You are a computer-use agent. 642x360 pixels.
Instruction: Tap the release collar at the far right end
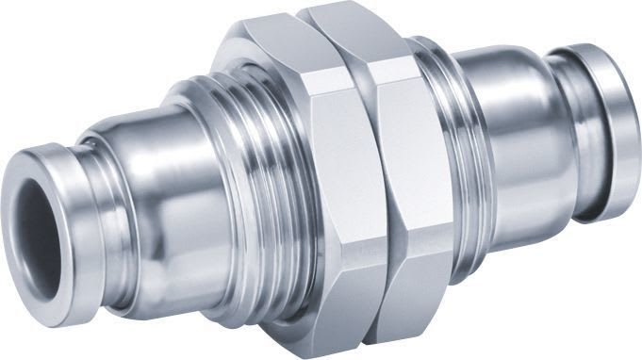[603, 123]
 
